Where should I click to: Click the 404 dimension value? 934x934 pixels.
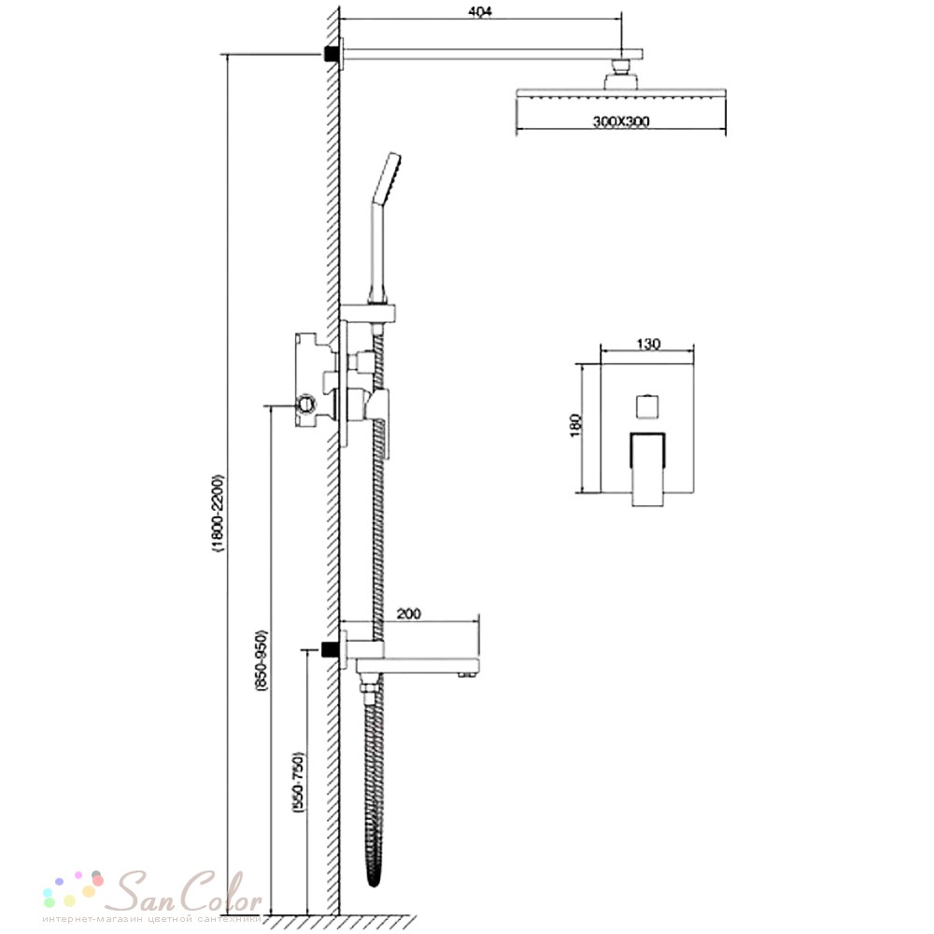click(x=480, y=11)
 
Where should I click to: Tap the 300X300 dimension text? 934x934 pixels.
click(x=621, y=121)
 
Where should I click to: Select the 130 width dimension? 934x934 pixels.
click(x=648, y=344)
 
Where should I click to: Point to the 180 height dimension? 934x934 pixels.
click(x=575, y=425)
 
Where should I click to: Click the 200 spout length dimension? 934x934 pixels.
click(x=409, y=613)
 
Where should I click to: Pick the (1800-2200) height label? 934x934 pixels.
click(x=219, y=514)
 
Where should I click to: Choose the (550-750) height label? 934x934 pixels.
click(x=299, y=783)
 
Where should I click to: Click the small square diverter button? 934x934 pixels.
click(x=647, y=406)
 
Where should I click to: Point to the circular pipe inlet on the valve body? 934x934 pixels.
click(x=307, y=405)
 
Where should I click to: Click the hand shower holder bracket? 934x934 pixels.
click(x=367, y=313)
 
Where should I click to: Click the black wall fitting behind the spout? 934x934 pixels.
click(x=328, y=649)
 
